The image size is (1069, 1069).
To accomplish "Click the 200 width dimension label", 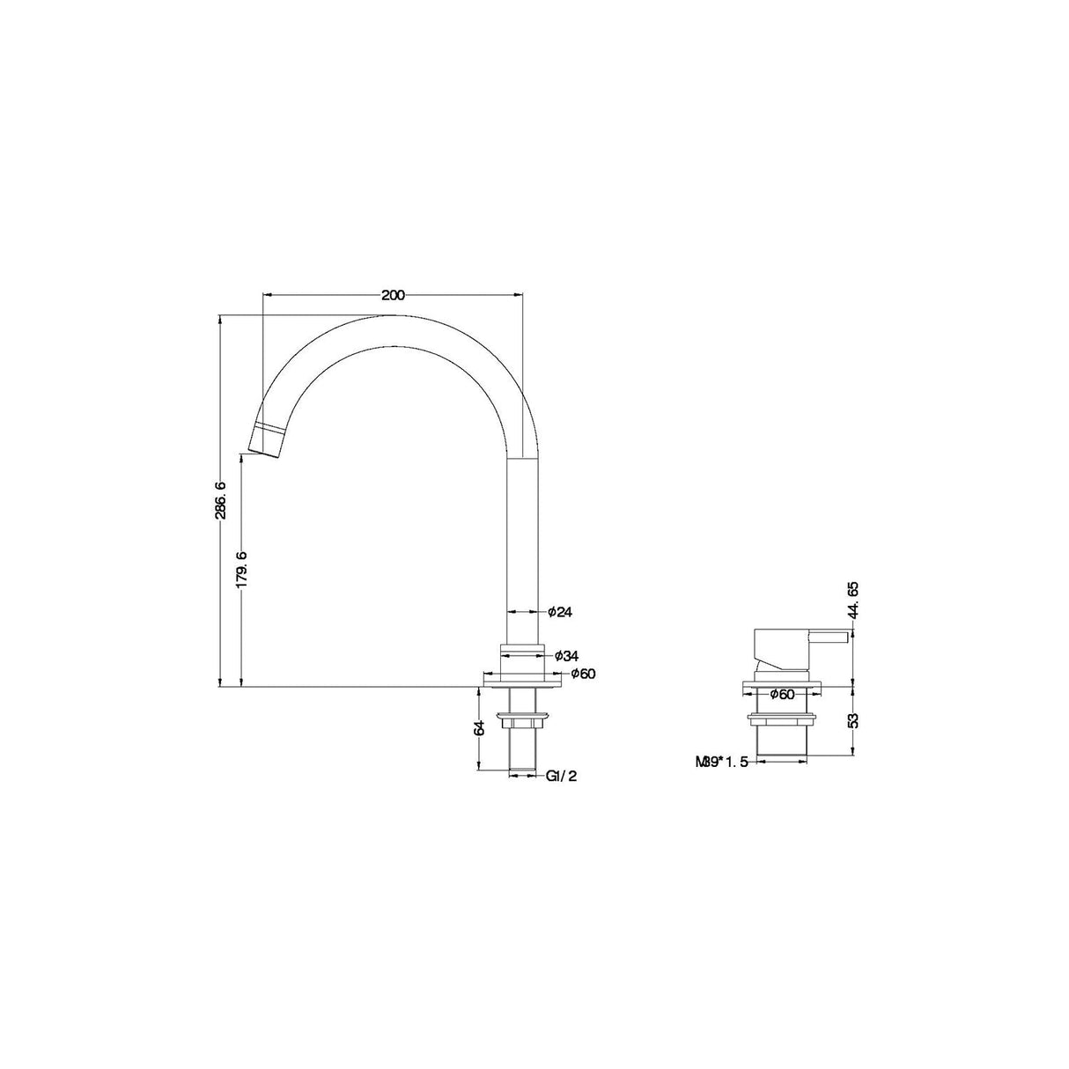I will click(x=394, y=295).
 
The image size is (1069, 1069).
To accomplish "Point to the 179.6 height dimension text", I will click(x=242, y=569).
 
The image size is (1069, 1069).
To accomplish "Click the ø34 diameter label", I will click(x=565, y=655).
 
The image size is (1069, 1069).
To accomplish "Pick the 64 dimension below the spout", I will click(x=479, y=728).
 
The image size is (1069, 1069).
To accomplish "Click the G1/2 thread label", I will click(x=560, y=776).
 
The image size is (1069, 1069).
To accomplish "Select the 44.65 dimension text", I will click(x=852, y=601).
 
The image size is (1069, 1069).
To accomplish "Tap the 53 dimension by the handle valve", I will click(x=852, y=719).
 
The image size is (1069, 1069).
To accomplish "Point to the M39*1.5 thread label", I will click(x=721, y=762).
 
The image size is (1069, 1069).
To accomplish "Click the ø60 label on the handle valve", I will click(x=781, y=694).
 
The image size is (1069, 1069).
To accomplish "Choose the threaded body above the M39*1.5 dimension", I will click(x=782, y=743).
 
